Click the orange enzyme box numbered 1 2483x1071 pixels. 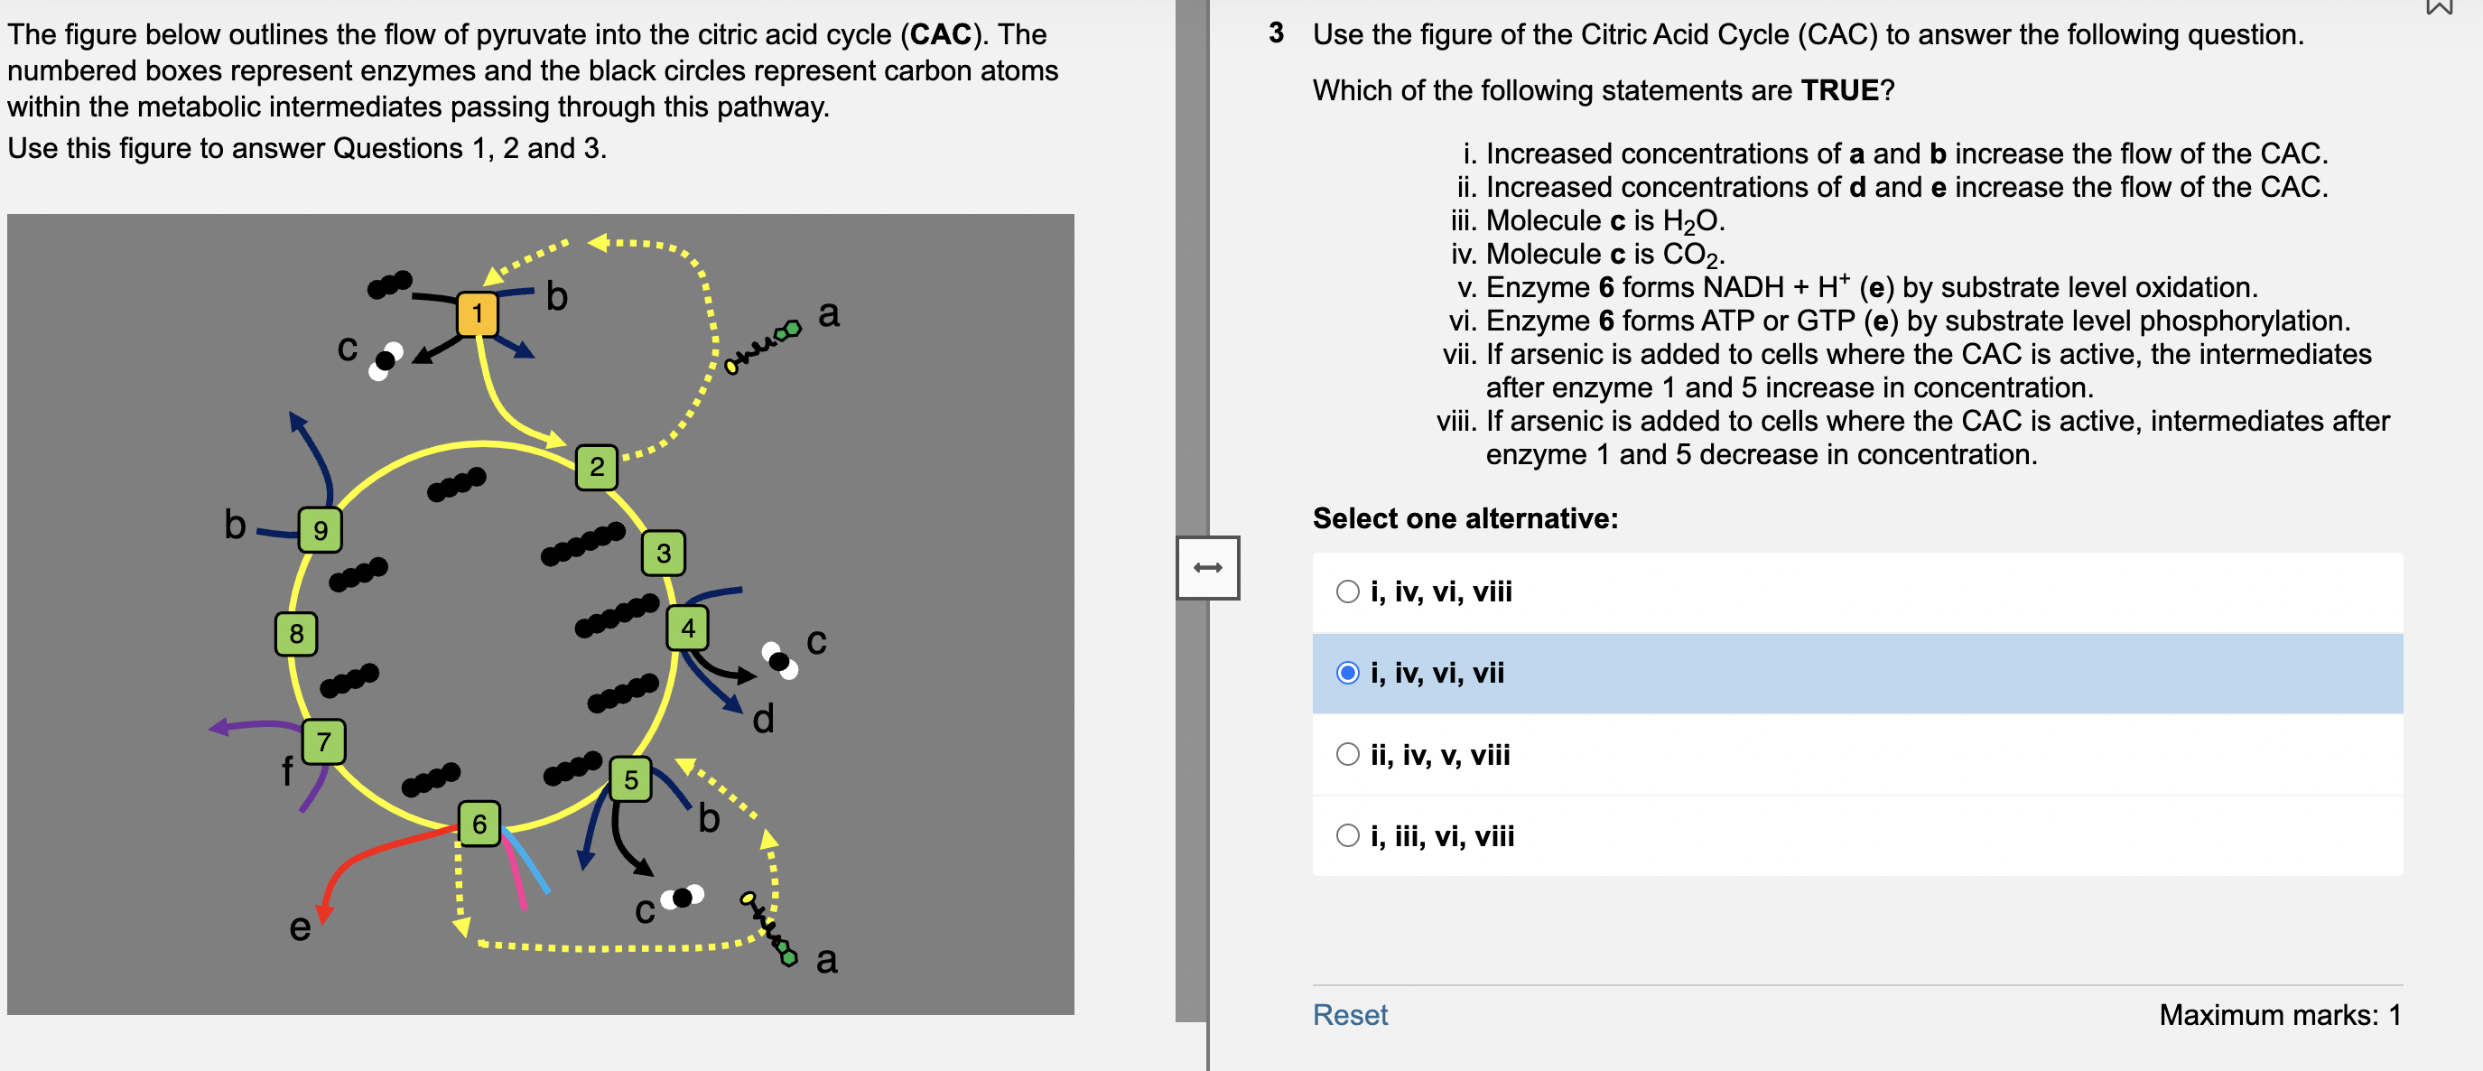coord(477,313)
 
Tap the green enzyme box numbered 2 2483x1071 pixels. coord(597,468)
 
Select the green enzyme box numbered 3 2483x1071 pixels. coord(663,554)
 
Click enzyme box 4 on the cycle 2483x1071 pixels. coord(687,629)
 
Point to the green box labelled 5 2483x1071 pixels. coord(630,780)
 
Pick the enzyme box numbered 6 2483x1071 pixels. coord(479,824)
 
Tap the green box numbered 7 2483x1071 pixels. coord(324,741)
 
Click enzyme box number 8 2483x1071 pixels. coord(296,633)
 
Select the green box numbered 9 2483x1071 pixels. coord(320,529)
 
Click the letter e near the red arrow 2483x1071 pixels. coord(300,927)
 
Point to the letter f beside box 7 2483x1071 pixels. coord(286,771)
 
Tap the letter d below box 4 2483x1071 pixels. coord(762,719)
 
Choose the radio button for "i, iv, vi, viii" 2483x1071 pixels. coord(1347,591)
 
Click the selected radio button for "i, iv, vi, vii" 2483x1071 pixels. coord(1347,673)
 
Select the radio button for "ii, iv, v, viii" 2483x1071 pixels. coord(1347,755)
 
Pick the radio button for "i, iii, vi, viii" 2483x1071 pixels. coord(1347,836)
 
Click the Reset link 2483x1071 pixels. coord(1350,1015)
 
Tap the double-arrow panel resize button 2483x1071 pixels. coord(1208,568)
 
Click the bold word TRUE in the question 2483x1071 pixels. coord(1839,90)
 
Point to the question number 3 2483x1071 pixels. coord(1276,33)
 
